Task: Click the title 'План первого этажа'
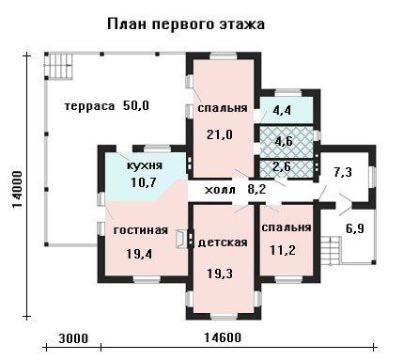coord(186,24)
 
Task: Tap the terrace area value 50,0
coord(136,106)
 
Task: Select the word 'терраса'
coord(90,106)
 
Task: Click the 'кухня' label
coord(145,165)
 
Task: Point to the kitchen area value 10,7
coord(143,182)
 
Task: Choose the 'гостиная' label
coord(141,230)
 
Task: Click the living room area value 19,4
coord(139,254)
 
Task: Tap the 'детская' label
coord(223,243)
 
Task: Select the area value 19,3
coord(220,274)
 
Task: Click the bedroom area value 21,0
coord(220,135)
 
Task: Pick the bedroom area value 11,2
coord(283,250)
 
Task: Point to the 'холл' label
coord(220,190)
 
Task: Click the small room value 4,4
coord(282,111)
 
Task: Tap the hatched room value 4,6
coord(284,141)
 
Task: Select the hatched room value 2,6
coord(282,166)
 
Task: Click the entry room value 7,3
coord(343,172)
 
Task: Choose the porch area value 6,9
coord(355,228)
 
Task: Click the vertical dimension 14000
coord(17,189)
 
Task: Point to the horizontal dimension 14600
coord(223,338)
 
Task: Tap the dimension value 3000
coord(73,338)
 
